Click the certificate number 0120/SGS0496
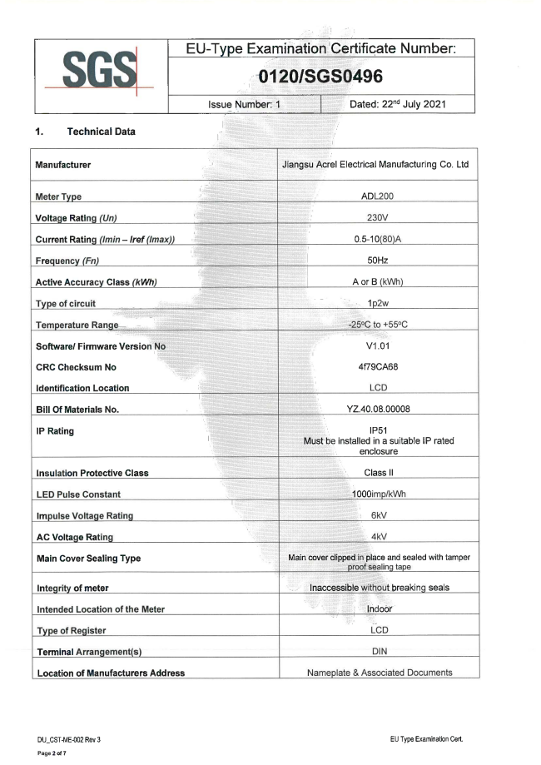[320, 77]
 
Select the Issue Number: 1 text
[245, 106]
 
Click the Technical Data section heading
[102, 132]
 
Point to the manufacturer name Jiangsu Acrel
[376, 165]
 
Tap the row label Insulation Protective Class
[92, 473]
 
